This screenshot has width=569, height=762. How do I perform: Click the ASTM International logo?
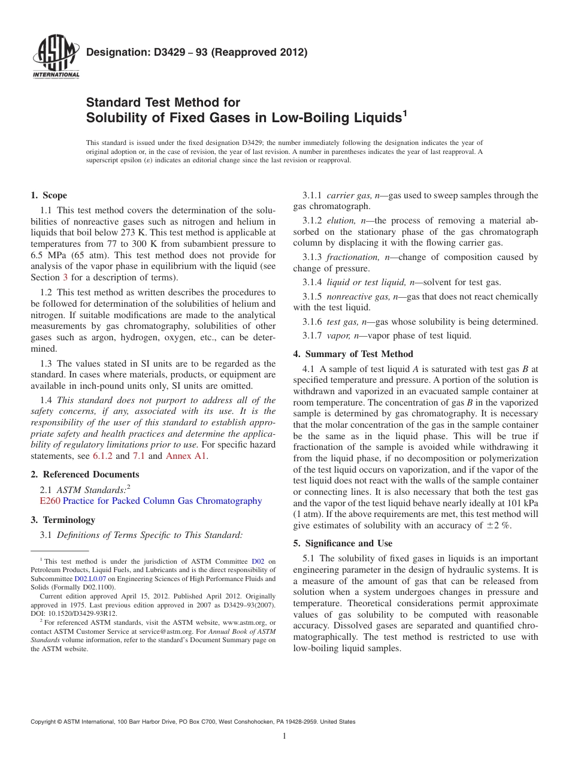tap(55, 56)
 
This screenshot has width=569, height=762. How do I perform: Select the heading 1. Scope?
tap(49, 195)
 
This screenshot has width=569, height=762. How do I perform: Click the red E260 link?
tap(49, 501)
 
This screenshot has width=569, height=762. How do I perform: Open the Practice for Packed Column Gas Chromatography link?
tap(162, 501)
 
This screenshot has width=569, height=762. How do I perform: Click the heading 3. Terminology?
tap(62, 520)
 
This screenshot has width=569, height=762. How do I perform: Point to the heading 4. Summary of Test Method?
tap(353, 354)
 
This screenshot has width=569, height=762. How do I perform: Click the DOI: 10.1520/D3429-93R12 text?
tap(74, 613)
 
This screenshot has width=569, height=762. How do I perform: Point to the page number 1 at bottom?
tap(284, 736)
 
